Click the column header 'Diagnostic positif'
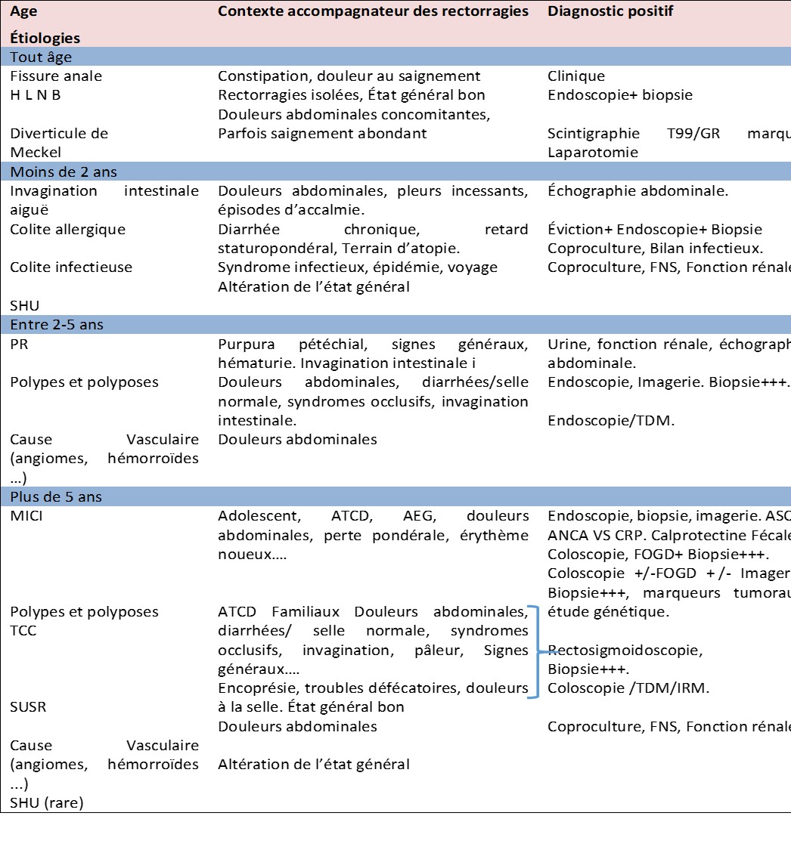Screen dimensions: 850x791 tap(610, 12)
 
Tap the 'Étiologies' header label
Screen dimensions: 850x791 tap(45, 38)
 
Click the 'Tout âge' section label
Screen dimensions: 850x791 tap(41, 57)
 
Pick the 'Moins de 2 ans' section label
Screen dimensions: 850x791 tap(64, 172)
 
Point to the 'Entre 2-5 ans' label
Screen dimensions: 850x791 tap(57, 325)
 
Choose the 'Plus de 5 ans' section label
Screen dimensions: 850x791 tap(56, 497)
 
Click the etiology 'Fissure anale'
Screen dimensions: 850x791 tap(56, 76)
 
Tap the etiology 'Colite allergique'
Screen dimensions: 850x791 tap(68, 229)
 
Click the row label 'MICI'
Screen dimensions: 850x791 tap(28, 516)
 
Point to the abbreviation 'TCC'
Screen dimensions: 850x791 tap(24, 631)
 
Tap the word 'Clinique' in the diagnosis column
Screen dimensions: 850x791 tap(576, 76)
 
